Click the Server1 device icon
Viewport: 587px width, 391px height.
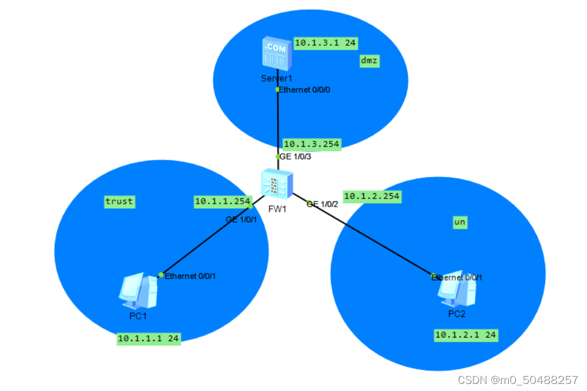(x=276, y=54)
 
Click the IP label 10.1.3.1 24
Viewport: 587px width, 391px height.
(x=326, y=43)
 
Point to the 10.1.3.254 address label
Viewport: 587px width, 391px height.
(x=311, y=144)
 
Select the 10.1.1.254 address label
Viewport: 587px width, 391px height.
(x=223, y=202)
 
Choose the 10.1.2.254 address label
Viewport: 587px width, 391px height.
(x=372, y=197)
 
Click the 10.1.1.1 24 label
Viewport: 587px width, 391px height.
(x=148, y=339)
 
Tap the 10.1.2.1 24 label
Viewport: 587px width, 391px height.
(x=465, y=335)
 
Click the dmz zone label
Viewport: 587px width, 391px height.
(x=369, y=61)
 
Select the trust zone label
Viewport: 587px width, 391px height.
(x=119, y=202)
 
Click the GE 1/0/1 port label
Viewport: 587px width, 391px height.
(x=241, y=220)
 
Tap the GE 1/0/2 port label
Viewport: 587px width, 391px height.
(x=324, y=204)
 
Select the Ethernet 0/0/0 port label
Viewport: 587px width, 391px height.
(x=308, y=90)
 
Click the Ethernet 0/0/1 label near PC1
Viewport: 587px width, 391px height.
(x=186, y=276)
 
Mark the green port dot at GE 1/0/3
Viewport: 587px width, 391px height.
(x=279, y=157)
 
